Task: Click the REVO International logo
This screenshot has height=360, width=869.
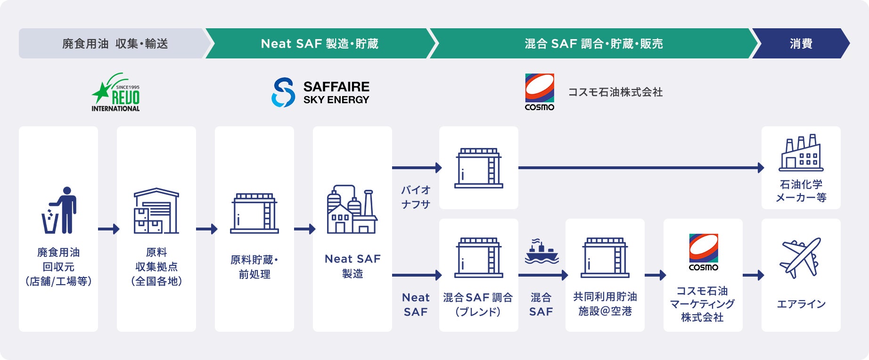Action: [x=116, y=93]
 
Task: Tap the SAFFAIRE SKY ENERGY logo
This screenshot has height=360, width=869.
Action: [x=320, y=92]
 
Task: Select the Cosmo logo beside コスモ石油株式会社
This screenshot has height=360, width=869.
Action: [x=540, y=92]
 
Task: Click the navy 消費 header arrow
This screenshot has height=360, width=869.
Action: [x=801, y=44]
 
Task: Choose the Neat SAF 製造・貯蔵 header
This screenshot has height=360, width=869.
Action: [x=320, y=44]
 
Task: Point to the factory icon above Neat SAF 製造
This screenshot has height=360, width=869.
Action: [x=352, y=209]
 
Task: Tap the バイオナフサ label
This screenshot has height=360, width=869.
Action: [x=416, y=197]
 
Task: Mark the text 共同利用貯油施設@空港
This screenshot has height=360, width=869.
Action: [x=605, y=304]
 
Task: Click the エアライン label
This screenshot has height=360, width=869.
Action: [x=801, y=304]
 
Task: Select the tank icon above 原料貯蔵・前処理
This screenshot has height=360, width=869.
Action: [x=254, y=213]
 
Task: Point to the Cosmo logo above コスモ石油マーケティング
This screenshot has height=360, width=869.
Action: [x=703, y=252]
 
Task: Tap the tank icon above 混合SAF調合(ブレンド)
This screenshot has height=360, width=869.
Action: [x=478, y=258]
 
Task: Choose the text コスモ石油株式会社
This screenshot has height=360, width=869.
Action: [x=615, y=92]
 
